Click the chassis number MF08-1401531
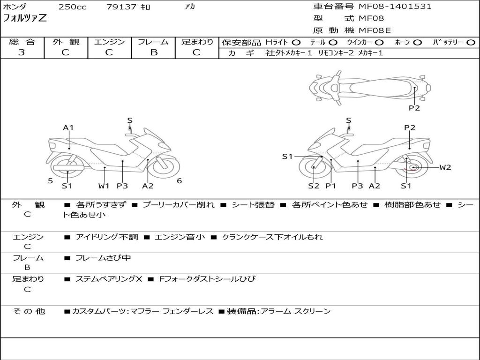(x=395, y=7)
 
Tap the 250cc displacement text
(x=72, y=7)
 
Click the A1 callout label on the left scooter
(x=68, y=127)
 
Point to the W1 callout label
(x=104, y=186)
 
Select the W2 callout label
(x=445, y=167)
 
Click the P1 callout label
(x=331, y=186)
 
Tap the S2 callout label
(x=314, y=186)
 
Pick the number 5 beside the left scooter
(x=50, y=181)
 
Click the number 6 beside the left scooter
(x=179, y=181)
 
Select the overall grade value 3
(x=22, y=52)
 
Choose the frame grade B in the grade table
(x=153, y=52)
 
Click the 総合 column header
(x=22, y=42)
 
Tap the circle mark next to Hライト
(x=296, y=43)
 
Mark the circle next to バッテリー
(x=471, y=43)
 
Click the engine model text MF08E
(x=375, y=30)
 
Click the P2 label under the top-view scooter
(x=414, y=108)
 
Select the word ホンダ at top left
(x=15, y=7)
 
